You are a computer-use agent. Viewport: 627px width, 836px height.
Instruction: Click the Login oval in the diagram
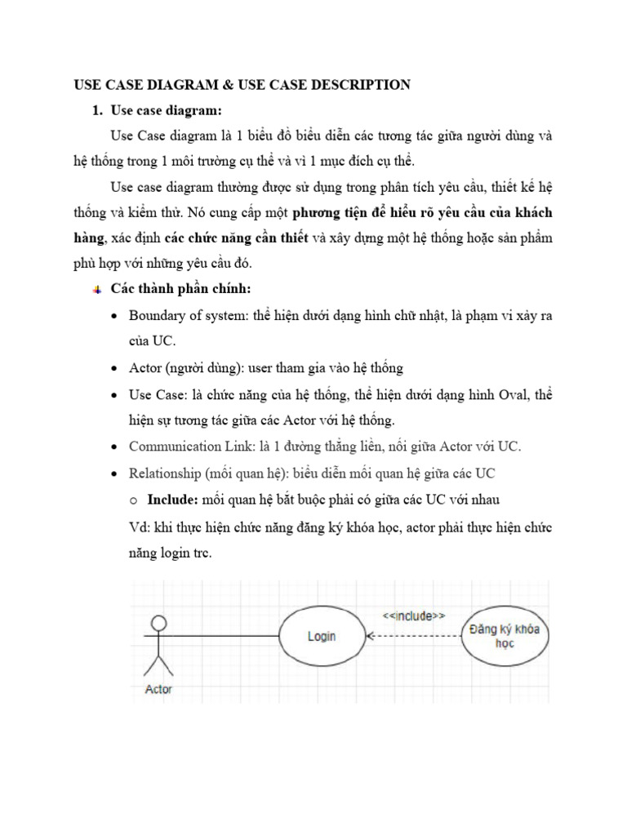point(321,635)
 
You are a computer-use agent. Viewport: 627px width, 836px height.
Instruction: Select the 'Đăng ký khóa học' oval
point(505,636)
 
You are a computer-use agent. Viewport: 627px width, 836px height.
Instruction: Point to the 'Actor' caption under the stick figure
point(158,689)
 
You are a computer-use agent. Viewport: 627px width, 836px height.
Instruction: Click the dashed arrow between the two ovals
point(414,635)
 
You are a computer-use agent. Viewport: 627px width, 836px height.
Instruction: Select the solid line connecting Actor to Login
point(220,635)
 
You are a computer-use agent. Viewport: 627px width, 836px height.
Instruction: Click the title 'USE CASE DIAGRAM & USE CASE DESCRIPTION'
point(242,84)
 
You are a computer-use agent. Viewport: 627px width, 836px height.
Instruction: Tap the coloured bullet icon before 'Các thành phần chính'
point(98,291)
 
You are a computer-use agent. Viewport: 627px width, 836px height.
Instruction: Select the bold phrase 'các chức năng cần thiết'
point(236,238)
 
